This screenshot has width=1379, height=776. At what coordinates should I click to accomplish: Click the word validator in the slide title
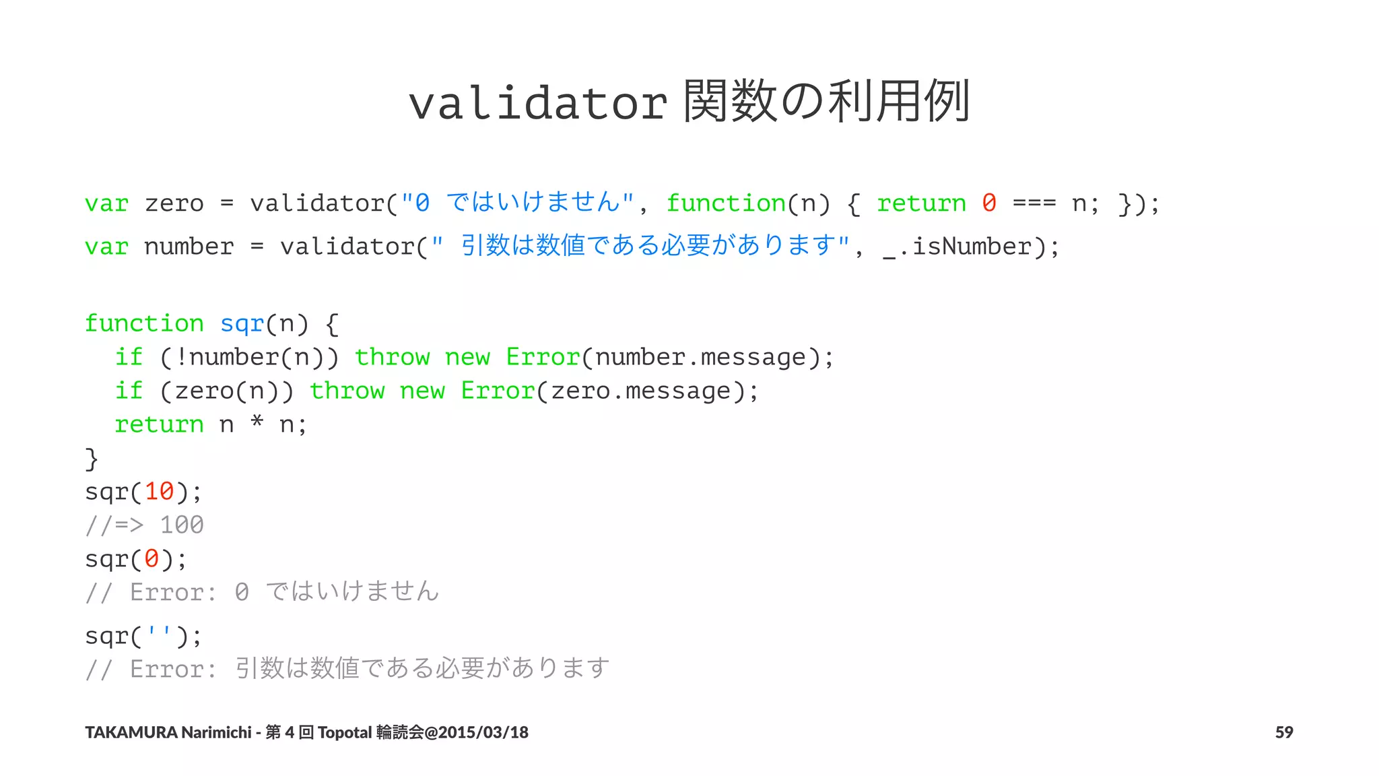(x=538, y=103)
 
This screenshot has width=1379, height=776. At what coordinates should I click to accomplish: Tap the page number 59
(x=1283, y=732)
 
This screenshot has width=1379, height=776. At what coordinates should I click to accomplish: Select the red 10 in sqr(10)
(x=160, y=492)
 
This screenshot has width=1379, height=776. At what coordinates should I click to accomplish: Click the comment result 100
(x=182, y=525)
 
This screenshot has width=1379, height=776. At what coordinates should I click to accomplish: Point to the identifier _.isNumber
(x=957, y=247)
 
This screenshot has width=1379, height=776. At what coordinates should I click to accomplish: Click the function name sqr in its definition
(x=242, y=324)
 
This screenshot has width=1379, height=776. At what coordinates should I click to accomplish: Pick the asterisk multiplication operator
(x=257, y=423)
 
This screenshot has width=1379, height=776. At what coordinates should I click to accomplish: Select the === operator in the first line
(x=1034, y=203)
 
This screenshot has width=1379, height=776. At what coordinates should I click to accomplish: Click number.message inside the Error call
(x=700, y=358)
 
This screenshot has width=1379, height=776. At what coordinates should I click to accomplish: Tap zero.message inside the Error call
(x=640, y=391)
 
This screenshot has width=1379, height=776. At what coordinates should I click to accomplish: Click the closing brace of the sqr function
(x=92, y=459)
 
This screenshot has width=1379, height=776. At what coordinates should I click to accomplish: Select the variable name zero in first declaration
(x=174, y=203)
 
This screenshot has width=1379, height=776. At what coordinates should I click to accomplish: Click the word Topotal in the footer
(x=345, y=732)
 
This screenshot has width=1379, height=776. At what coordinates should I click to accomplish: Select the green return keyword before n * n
(x=159, y=425)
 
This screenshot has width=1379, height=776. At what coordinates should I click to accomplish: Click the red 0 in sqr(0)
(x=152, y=559)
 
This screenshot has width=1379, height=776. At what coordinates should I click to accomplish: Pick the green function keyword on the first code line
(x=726, y=203)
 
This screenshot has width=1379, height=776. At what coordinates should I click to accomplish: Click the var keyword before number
(x=106, y=247)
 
